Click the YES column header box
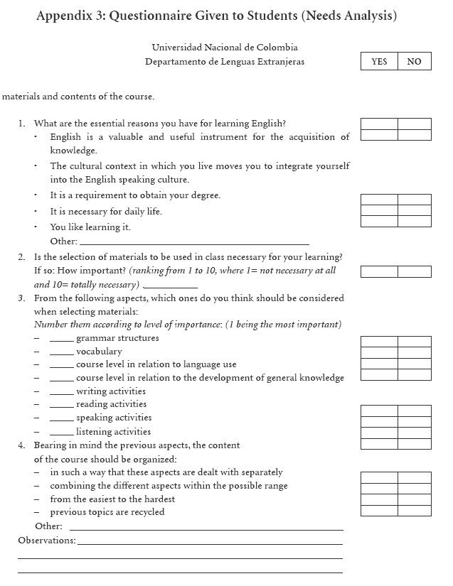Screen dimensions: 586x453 coord(379,62)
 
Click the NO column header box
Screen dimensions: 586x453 coord(414,62)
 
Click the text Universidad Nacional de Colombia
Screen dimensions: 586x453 coord(224,48)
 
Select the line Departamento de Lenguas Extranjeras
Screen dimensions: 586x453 coord(224,62)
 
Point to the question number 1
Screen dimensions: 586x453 coord(22,124)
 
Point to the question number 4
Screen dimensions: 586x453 coord(22,445)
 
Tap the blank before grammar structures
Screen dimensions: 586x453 coord(61,340)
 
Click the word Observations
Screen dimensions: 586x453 coord(46,541)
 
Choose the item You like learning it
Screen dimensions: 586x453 coord(90,227)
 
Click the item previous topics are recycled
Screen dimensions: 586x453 coord(107,512)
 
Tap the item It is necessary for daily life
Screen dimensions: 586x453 coord(106,212)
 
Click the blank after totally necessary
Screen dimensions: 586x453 coord(170,286)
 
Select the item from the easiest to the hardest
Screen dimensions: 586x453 coord(112,499)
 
